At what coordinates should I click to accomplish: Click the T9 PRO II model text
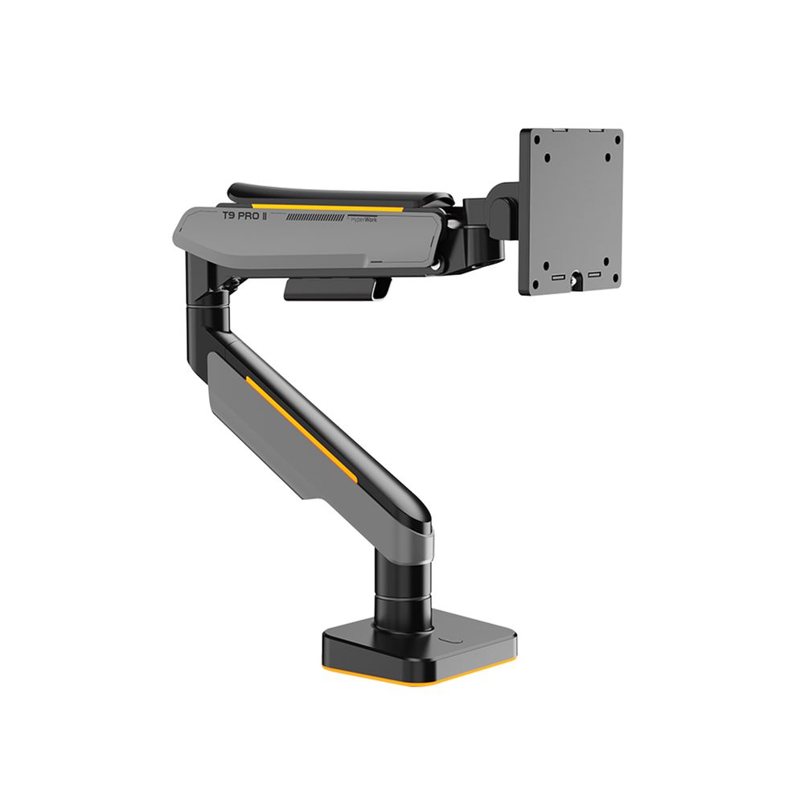click(245, 217)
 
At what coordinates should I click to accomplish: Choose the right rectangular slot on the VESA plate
click(595, 275)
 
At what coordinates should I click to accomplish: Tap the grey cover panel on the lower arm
click(257, 418)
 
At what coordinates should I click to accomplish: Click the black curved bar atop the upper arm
click(338, 193)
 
